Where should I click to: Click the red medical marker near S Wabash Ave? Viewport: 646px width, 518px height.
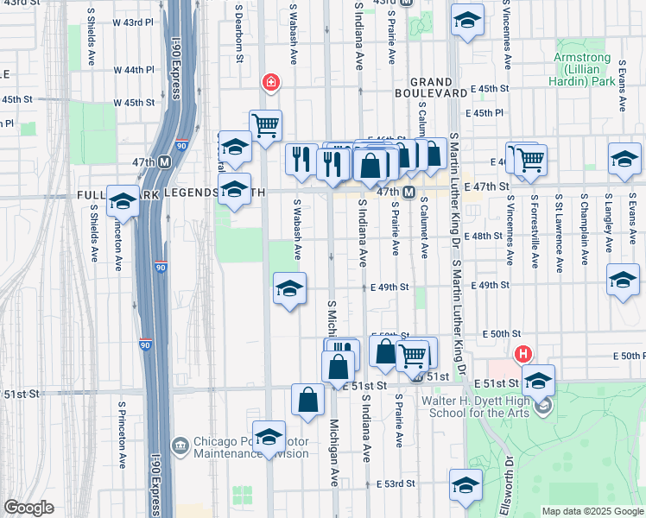270,83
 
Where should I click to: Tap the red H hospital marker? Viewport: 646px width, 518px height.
522,353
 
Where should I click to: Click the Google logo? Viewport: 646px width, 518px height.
29,508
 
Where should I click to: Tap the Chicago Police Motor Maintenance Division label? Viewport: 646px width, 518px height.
250,447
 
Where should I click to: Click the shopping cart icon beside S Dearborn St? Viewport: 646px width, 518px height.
265,124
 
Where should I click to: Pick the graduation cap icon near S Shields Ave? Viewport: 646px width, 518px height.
123,201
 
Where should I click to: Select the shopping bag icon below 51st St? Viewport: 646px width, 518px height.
308,399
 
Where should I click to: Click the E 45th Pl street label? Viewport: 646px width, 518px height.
484,113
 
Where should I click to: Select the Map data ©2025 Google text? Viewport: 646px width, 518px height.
592,511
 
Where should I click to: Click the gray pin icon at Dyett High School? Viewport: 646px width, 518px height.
542,406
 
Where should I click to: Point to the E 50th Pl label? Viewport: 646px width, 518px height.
629,356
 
